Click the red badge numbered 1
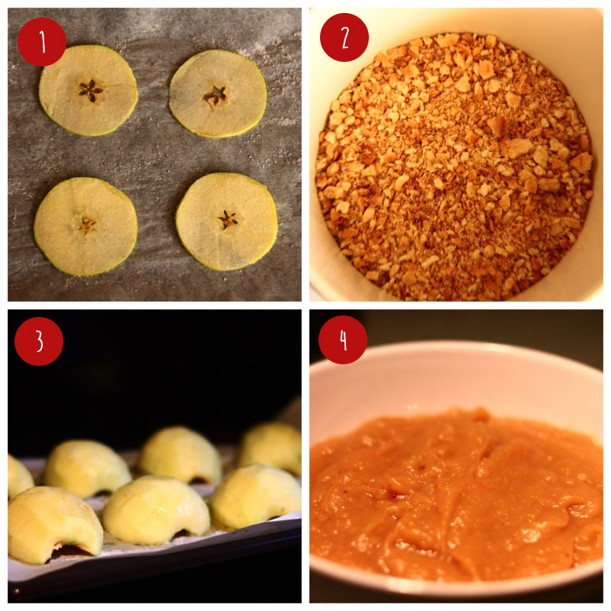coord(42,42)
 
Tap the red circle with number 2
coord(344,37)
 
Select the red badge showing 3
coord(38,341)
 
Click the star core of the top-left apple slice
coord(90,91)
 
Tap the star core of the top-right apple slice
coord(215,95)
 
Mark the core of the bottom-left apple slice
coord(86,224)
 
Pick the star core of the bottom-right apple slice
coord(227,220)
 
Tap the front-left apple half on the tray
coord(53,519)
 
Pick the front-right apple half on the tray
coord(256,496)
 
